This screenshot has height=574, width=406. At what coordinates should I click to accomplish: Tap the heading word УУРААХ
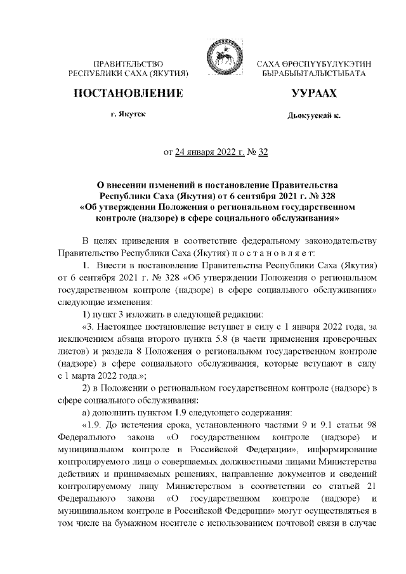[310, 95]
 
